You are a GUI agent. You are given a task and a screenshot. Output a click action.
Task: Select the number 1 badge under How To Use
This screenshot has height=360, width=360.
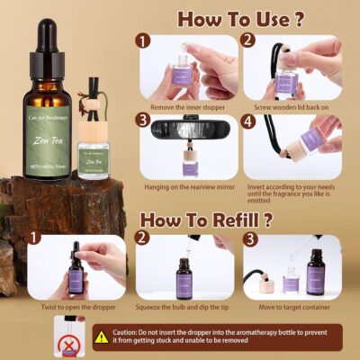(140, 40)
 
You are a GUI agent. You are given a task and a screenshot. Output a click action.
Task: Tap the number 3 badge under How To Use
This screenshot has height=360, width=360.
(140, 121)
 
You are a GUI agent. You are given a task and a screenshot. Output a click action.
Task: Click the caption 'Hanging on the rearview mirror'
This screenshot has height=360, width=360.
(188, 186)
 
